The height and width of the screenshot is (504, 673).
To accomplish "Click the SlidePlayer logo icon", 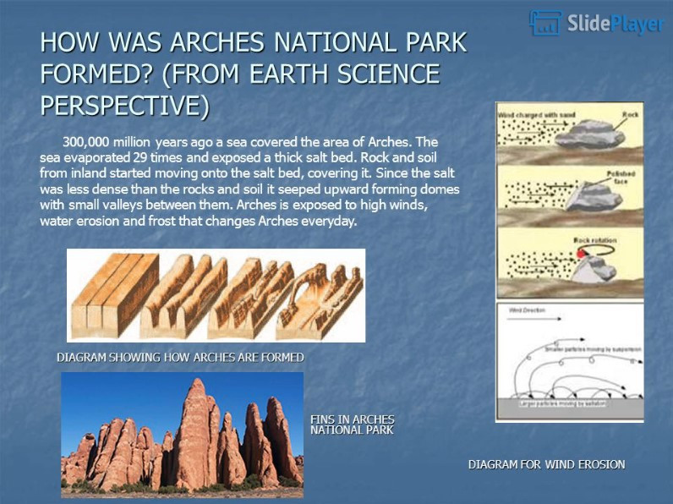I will [x=545, y=23].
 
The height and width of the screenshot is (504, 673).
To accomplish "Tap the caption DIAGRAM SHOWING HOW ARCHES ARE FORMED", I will [x=180, y=358].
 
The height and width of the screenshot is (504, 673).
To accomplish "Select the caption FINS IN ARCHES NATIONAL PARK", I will [x=352, y=425].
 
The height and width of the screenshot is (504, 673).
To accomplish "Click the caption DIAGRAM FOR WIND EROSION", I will [x=546, y=464].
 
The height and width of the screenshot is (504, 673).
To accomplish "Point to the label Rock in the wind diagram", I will [x=630, y=114].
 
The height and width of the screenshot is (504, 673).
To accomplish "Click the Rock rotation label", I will [x=595, y=240].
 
